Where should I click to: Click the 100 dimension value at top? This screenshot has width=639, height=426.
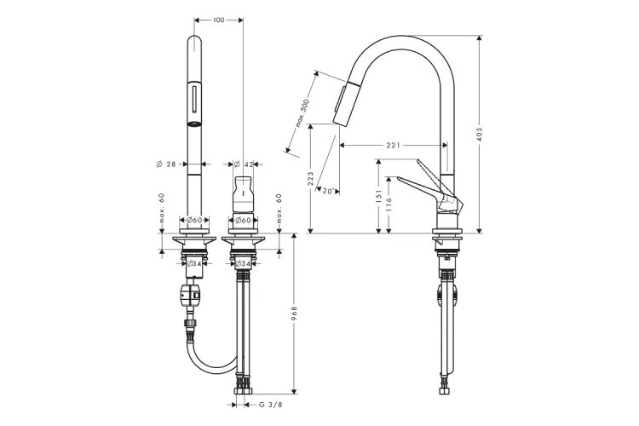218,20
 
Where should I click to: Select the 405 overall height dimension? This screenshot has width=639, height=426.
479,134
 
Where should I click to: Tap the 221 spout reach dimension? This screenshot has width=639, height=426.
393,145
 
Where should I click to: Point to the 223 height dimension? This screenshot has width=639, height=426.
310,179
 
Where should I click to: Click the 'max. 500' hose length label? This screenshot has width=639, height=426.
302,113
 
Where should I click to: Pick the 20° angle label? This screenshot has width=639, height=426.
328,190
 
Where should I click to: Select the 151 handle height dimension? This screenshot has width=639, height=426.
378,196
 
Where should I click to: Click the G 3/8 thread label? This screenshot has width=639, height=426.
270,405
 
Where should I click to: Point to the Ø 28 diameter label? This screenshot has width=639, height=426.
166,164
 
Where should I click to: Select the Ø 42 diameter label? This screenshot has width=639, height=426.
244,164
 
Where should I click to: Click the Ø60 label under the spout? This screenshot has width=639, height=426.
194,220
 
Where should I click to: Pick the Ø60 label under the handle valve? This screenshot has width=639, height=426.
243,220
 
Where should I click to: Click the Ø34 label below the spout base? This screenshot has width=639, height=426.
194,263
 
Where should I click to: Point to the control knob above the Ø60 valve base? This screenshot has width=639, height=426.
243,195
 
